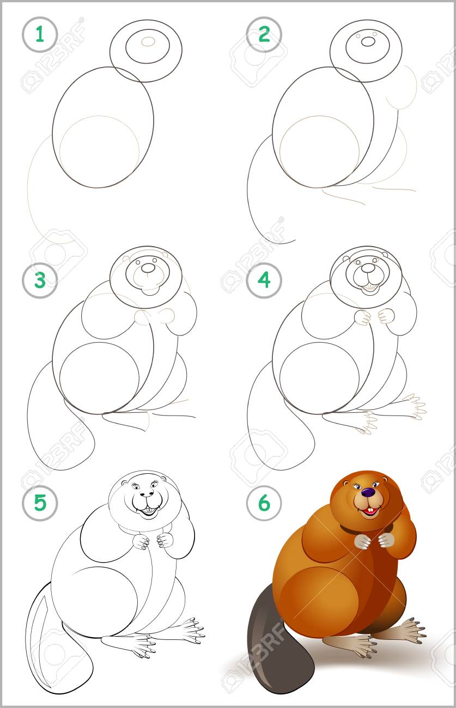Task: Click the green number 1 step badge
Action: coord(40,34)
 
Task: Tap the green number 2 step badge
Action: coord(264,34)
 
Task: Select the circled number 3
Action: coord(40,280)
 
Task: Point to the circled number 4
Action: coord(264,280)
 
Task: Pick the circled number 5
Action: coord(40,503)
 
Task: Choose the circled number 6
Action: coord(264,503)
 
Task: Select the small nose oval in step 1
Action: coord(148,41)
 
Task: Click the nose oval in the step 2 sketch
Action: coord(368,41)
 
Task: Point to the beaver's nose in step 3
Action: coord(148,268)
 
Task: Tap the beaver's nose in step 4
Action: coord(368,268)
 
